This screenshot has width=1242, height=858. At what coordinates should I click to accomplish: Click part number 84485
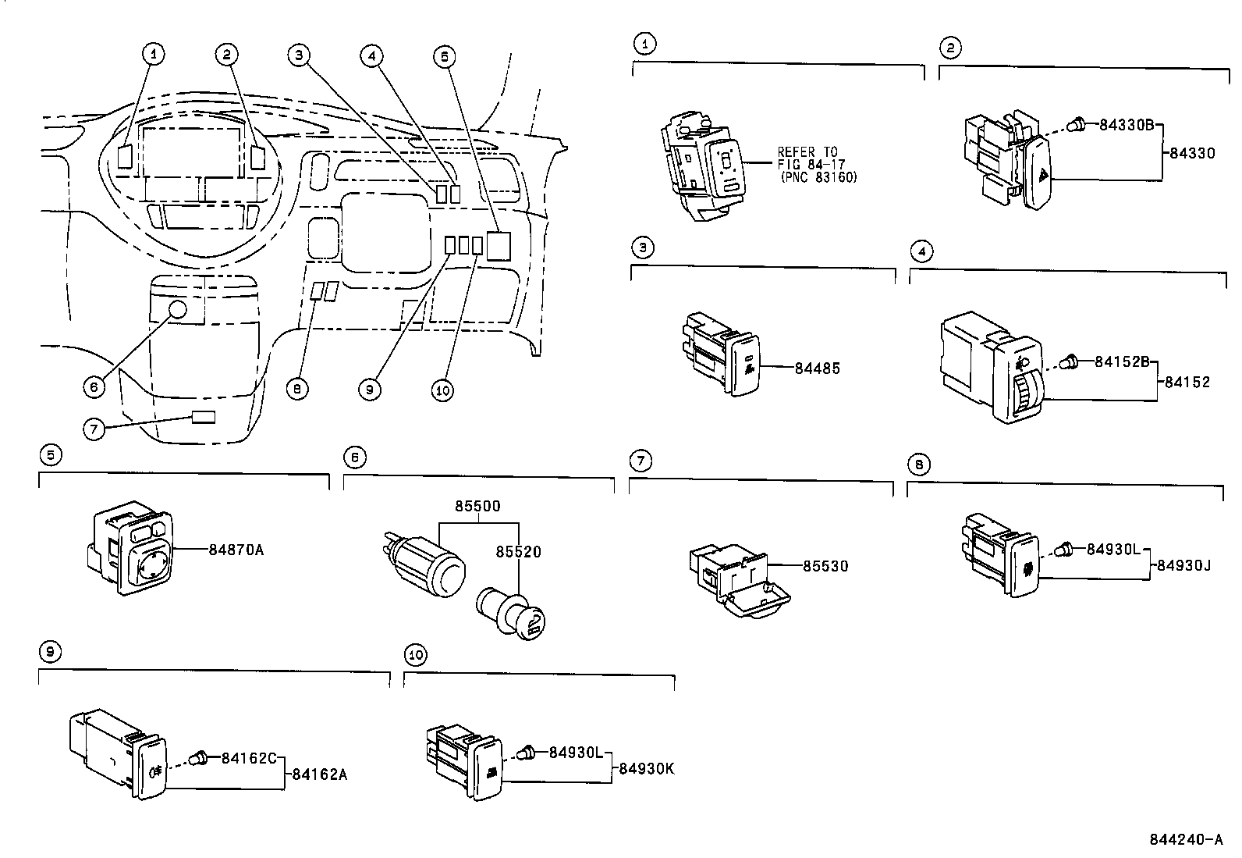point(818,368)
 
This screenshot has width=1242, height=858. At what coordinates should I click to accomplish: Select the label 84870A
point(236,550)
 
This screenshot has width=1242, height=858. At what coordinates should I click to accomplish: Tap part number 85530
point(826,565)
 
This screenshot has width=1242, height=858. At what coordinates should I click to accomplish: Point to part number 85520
point(518,552)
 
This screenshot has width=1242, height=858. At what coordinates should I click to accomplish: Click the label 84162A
point(319,774)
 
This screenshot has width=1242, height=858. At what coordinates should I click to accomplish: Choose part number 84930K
point(646,768)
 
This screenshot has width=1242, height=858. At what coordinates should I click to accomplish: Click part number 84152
point(1187,382)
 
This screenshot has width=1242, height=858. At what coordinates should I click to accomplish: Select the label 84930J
point(1183,565)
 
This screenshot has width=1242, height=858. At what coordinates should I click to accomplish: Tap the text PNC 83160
point(818,178)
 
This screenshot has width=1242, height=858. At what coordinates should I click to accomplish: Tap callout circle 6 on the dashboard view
point(94,386)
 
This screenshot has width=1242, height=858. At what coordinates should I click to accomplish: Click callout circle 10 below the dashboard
point(442,390)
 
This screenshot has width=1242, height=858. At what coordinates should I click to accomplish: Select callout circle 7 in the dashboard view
point(94,428)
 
